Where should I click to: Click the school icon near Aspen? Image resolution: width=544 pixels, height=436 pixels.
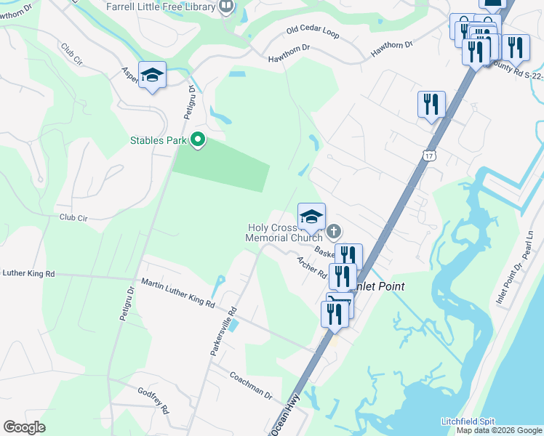tap(152, 75)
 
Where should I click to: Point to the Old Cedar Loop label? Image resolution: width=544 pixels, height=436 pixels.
tap(313, 32)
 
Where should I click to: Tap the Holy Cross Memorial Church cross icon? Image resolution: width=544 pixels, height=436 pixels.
tap(334, 232)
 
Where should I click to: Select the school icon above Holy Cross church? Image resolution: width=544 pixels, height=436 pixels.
tap(311, 216)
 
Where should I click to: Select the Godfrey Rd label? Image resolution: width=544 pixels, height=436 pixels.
tap(153, 400)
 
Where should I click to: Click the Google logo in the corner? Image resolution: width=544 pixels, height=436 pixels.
tap(25, 427)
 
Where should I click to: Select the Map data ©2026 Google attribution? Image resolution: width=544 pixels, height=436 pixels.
tap(499, 430)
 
